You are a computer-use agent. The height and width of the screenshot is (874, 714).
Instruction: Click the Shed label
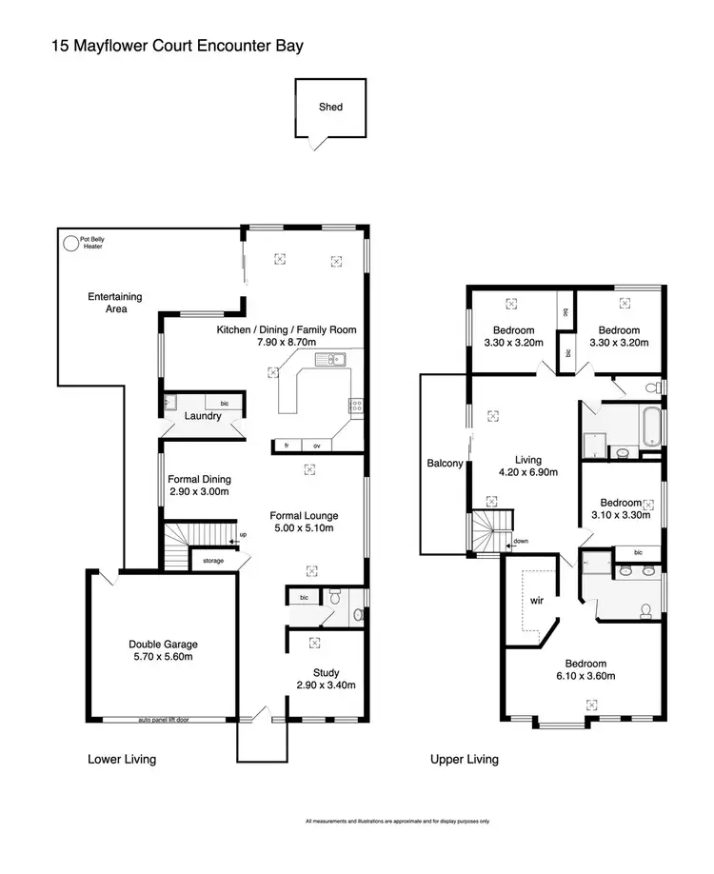pyautogui.click(x=330, y=108)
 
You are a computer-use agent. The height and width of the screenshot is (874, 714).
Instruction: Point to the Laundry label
pyautogui.click(x=203, y=416)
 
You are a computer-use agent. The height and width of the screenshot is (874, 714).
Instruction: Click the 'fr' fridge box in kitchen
pyautogui.click(x=286, y=445)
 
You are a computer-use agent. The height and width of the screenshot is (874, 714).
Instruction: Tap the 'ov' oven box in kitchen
pyautogui.click(x=317, y=445)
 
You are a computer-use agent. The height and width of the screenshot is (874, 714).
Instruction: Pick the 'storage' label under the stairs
pyautogui.click(x=213, y=561)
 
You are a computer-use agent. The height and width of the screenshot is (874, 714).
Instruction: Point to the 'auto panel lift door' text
pyautogui.click(x=163, y=720)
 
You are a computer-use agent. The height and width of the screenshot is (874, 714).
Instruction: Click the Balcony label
pyautogui.click(x=445, y=464)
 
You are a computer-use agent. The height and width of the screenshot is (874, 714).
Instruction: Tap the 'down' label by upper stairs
pyautogui.click(x=520, y=541)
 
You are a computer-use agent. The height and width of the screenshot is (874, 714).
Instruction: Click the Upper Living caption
pyautogui.click(x=465, y=760)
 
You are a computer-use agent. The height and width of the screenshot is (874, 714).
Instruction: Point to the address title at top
pyautogui.click(x=178, y=45)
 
